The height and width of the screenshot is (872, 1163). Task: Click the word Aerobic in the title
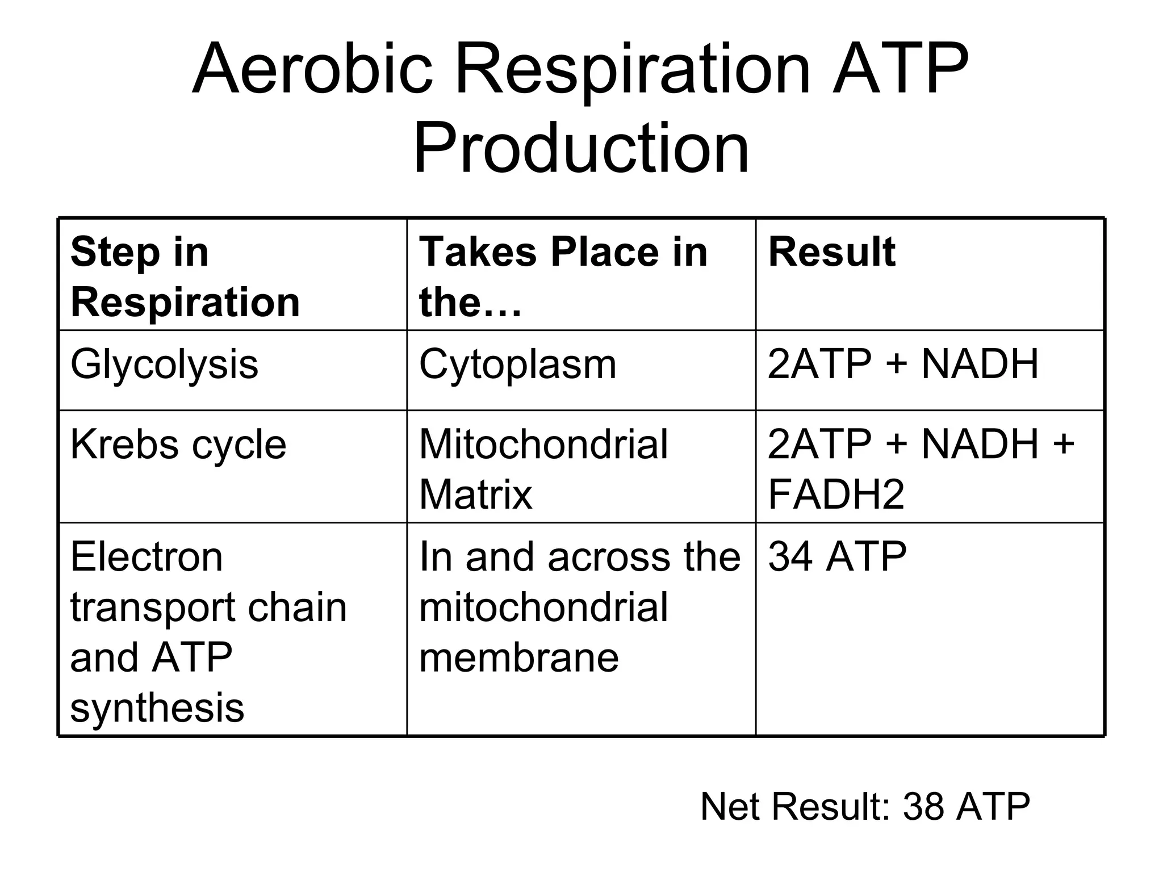[312, 69]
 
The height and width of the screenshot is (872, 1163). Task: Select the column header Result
[831, 251]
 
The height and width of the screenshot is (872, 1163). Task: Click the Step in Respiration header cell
[185, 276]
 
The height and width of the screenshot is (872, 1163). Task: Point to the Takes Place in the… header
[563, 276]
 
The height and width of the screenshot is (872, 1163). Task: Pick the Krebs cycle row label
[178, 445]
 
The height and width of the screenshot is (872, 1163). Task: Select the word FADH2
[835, 494]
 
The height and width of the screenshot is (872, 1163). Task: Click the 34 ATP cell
[837, 557]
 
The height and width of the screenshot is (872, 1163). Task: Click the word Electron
[147, 557]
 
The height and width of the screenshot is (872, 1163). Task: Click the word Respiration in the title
[633, 69]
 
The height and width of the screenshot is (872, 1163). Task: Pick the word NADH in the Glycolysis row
[980, 364]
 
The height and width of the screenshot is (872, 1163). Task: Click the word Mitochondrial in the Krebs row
[543, 445]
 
